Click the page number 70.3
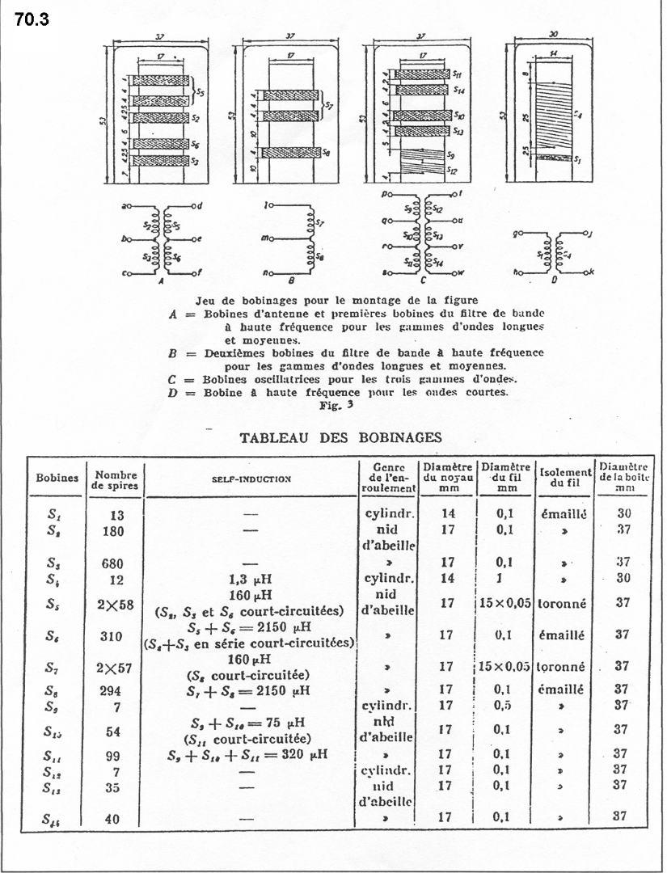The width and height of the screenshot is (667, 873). [x=32, y=19]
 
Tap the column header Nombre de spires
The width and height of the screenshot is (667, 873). [x=116, y=479]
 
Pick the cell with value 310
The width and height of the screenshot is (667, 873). [x=116, y=635]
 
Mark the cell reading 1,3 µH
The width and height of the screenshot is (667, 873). [x=249, y=580]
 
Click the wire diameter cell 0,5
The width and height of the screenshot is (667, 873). [x=506, y=708]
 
